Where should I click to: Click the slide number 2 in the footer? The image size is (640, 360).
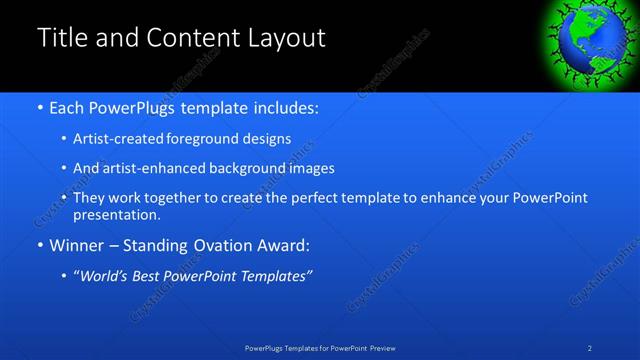point(590,348)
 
